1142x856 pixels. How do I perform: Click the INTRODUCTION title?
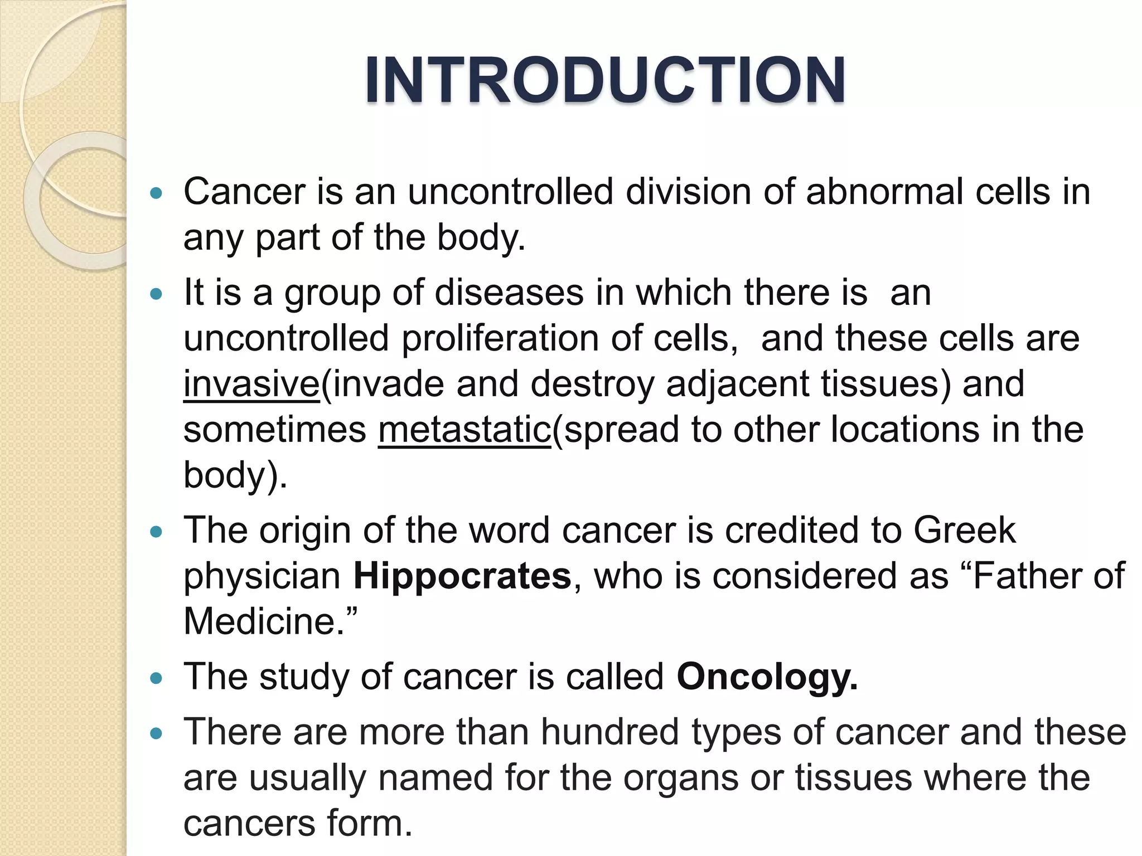[605, 80]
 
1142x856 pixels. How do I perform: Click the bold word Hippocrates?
[462, 576]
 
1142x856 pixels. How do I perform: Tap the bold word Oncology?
[767, 677]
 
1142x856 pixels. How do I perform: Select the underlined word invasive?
[251, 384]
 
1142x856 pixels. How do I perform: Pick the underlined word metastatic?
[464, 430]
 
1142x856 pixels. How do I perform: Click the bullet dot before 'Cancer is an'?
[156, 193]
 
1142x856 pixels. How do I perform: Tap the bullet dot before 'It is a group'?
[156, 294]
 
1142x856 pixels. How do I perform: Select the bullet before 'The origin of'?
[156, 531]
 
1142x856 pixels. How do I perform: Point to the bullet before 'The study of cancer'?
[156, 678]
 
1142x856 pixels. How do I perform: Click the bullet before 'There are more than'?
[156, 733]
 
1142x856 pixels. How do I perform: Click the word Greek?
[964, 530]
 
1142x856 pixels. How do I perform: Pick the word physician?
[262, 577]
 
